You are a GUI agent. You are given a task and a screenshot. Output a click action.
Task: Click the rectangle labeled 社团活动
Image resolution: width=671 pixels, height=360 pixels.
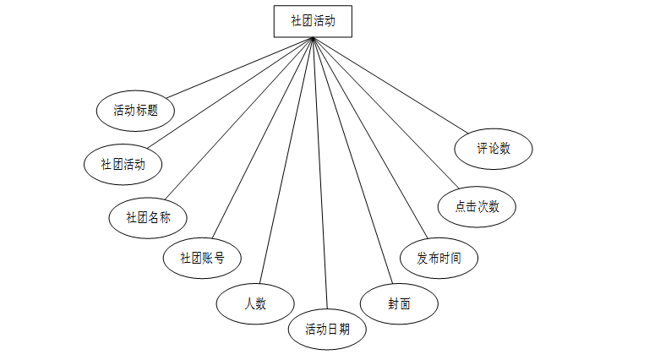[313, 22]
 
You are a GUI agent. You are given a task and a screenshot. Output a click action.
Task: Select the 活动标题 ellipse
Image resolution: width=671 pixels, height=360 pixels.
[135, 111]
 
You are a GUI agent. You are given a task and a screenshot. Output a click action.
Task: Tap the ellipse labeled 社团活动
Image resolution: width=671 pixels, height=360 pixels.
[123, 164]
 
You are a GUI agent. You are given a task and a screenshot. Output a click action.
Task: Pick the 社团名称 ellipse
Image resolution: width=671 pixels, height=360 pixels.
[148, 217]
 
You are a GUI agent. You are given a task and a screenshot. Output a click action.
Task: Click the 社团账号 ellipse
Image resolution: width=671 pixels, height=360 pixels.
[202, 258]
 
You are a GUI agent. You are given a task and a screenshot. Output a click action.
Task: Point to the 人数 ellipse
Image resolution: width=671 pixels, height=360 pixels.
[255, 304]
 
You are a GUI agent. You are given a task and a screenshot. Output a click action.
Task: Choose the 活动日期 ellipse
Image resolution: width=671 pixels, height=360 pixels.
[328, 330]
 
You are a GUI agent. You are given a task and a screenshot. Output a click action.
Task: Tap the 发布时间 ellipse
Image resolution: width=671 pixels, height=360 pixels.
[439, 258]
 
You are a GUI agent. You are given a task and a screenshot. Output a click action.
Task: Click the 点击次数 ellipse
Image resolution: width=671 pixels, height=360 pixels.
[477, 206]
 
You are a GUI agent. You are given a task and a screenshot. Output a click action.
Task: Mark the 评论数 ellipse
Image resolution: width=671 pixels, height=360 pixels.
[494, 149]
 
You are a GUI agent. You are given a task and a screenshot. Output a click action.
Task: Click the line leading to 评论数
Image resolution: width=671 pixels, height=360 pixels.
[390, 85]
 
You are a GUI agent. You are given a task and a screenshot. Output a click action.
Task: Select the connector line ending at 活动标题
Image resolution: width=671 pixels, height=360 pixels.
[238, 68]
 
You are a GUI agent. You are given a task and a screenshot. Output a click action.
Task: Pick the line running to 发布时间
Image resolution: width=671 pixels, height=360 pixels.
[368, 139]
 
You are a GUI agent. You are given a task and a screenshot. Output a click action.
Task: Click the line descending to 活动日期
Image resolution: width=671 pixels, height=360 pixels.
[320, 173]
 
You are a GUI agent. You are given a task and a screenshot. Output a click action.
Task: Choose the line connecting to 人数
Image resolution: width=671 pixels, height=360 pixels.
[287, 161]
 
